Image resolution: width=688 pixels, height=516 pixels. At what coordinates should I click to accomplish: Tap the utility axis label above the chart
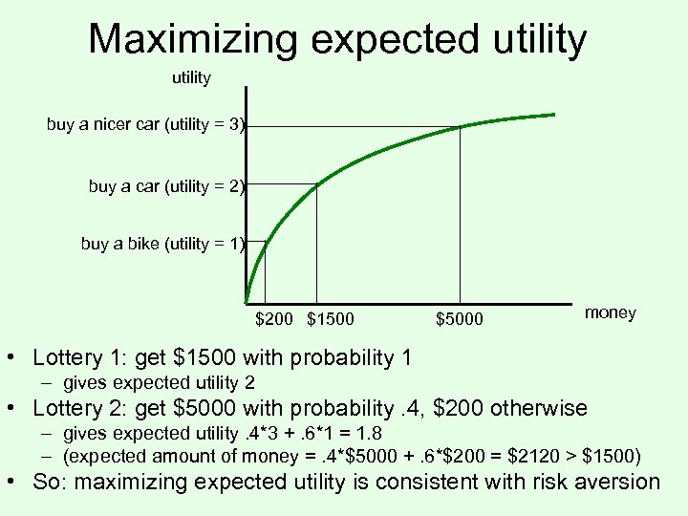(x=191, y=77)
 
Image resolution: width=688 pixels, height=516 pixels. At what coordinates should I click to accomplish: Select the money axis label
(x=610, y=313)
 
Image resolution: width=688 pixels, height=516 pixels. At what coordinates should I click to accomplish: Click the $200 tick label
(x=273, y=318)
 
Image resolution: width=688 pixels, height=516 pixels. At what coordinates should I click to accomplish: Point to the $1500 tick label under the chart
(x=331, y=318)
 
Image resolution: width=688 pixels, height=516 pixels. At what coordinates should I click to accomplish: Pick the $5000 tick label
(x=460, y=318)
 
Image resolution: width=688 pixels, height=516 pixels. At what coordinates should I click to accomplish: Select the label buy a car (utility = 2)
(x=167, y=186)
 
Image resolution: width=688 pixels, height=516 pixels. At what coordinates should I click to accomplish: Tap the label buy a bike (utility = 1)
(x=163, y=244)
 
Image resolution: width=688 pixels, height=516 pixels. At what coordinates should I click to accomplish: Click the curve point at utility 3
(x=461, y=126)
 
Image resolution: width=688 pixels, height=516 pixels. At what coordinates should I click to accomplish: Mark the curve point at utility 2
(x=316, y=183)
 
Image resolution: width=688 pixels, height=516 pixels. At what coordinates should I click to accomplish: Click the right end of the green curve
(x=555, y=114)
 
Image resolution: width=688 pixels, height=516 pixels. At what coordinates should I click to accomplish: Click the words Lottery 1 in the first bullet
(x=75, y=358)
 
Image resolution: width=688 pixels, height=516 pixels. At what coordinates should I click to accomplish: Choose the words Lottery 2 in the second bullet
(x=75, y=409)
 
